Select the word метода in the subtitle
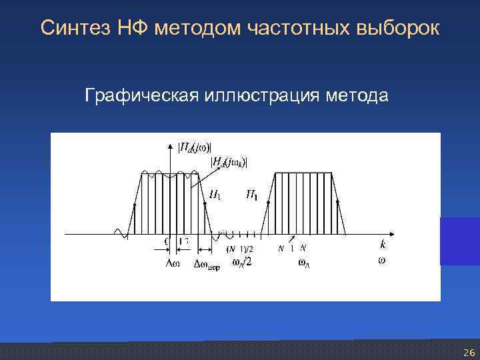[357, 97]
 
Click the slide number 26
[469, 353]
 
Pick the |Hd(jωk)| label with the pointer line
[229, 162]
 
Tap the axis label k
[383, 245]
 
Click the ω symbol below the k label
[381, 261]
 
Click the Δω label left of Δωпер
[172, 263]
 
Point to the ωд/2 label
[241, 262]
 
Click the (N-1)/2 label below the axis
[240, 249]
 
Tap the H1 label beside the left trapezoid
[216, 195]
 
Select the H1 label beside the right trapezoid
[253, 195]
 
